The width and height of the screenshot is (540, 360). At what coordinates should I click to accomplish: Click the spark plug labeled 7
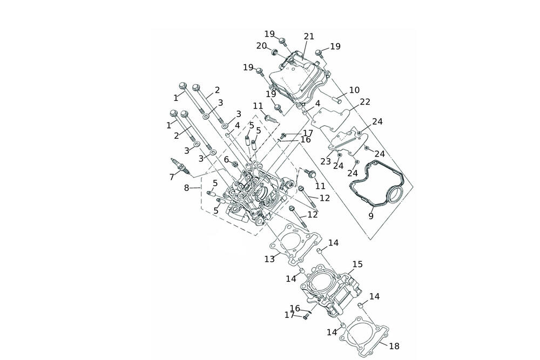(180, 166)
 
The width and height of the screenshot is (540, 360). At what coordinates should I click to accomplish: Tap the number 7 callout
(172, 177)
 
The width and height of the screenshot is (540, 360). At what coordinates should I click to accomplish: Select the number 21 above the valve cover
(309, 37)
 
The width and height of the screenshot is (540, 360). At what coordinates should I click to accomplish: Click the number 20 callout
(262, 46)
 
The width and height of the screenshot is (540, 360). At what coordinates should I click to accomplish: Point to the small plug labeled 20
(275, 52)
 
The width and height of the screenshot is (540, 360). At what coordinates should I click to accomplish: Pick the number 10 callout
(354, 90)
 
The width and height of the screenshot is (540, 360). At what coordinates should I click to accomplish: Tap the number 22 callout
(365, 102)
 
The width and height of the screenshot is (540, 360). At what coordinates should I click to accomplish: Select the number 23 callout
(326, 161)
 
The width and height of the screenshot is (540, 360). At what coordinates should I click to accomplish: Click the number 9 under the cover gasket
(371, 216)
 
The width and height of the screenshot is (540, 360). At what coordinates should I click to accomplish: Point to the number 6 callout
(227, 159)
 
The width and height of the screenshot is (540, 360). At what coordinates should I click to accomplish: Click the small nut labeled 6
(235, 164)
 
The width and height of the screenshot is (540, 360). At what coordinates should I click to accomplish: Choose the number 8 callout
(187, 188)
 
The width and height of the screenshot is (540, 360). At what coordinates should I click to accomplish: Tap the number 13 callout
(269, 259)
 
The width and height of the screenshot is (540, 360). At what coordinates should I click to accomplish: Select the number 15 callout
(358, 264)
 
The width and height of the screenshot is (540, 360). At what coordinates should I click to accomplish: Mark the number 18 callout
(394, 346)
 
